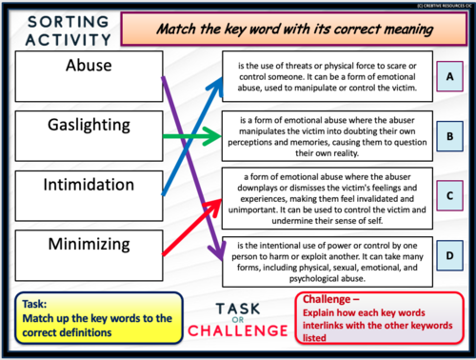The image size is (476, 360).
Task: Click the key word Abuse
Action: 89,66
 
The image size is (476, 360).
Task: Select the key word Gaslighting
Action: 89,125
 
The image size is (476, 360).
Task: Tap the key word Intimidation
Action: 89,185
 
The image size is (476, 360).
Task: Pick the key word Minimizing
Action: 89,245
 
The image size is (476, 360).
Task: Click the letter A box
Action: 449,76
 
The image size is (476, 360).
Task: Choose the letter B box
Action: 449,136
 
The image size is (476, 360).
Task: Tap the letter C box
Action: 449,196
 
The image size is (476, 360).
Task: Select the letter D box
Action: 449,255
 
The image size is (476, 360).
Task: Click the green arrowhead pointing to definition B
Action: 212,136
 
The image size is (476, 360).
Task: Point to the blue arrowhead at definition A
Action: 216,86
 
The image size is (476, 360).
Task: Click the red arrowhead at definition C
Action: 213,207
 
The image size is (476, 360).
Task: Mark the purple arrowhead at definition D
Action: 218,250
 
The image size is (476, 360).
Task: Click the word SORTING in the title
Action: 69,22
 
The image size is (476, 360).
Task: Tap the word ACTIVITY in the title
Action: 69,40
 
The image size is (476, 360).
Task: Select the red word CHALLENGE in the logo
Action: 238,330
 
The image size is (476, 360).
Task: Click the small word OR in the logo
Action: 238,320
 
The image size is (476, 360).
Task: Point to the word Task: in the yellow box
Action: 34,304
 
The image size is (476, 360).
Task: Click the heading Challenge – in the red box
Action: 330,299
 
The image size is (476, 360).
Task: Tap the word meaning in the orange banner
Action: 408,30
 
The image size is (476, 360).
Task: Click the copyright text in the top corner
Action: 445,6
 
